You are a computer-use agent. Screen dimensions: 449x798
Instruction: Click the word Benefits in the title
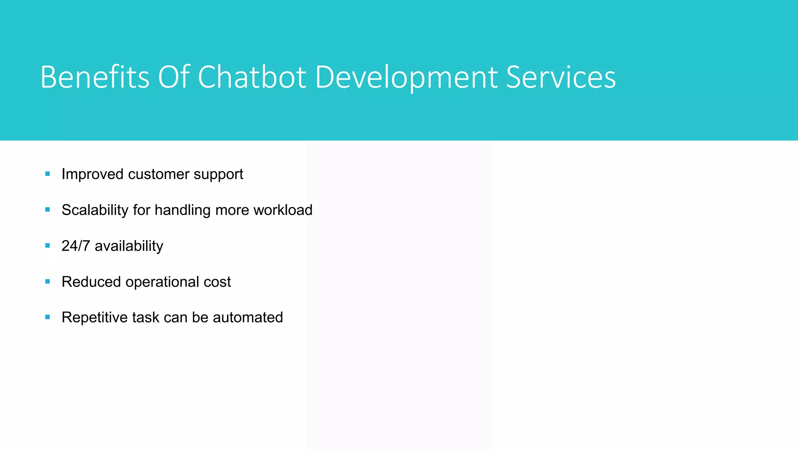click(x=95, y=77)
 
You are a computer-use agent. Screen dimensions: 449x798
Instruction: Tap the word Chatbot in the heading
click(x=252, y=77)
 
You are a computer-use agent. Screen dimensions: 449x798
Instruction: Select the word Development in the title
click(x=406, y=77)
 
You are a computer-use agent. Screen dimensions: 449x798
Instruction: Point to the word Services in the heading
click(x=561, y=77)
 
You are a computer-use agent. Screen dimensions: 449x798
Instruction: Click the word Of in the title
click(x=174, y=77)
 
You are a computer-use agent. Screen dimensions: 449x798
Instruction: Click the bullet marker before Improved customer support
click(x=48, y=174)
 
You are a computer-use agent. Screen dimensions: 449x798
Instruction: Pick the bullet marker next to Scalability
click(x=48, y=210)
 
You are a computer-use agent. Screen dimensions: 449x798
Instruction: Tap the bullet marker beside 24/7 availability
click(x=48, y=246)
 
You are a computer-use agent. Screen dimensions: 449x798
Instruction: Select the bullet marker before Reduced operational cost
click(x=48, y=281)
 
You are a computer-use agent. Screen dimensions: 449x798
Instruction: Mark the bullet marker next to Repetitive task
click(x=48, y=317)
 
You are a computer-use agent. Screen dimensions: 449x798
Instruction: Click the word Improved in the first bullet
click(x=92, y=174)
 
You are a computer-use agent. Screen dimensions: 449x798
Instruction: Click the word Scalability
click(x=95, y=210)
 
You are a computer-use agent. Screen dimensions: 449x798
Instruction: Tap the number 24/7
click(x=76, y=246)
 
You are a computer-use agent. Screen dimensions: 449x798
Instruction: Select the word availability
click(x=129, y=246)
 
